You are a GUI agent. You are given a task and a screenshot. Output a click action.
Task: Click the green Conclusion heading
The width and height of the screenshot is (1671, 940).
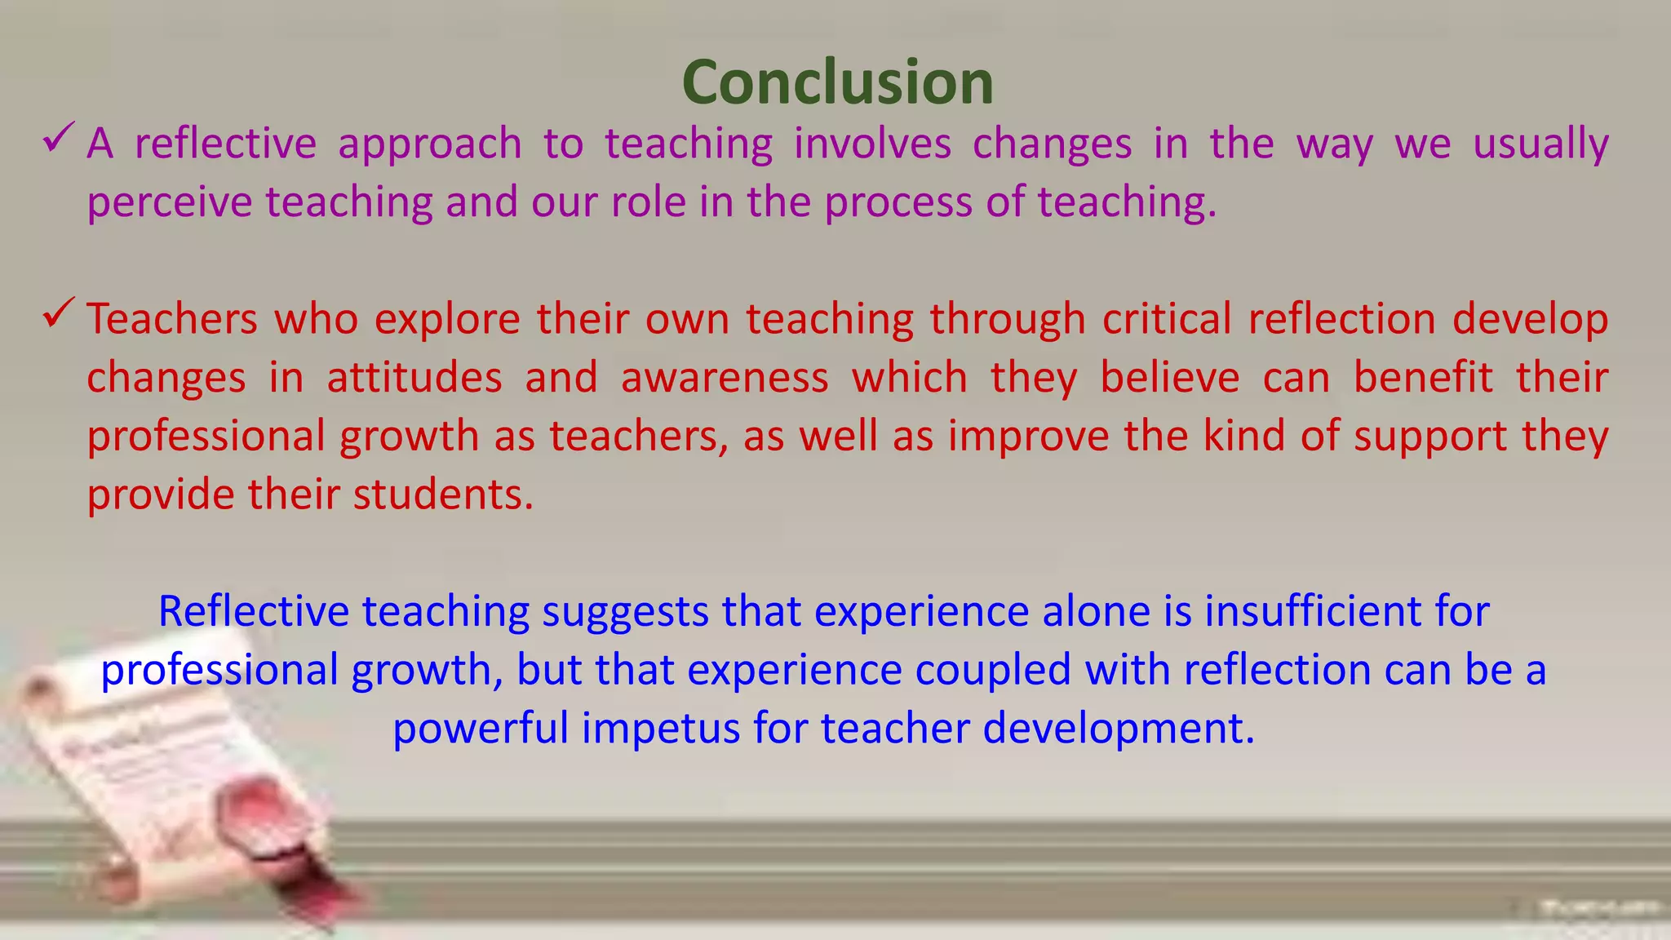837,82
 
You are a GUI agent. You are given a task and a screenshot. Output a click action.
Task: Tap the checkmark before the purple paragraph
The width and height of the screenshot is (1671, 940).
59,138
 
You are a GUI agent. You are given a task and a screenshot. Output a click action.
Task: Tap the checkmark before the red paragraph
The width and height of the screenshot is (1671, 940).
59,313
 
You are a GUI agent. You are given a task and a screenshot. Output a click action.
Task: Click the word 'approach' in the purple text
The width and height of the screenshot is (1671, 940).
430,145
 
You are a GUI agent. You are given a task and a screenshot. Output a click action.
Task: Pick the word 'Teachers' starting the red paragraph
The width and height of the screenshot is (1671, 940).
171,319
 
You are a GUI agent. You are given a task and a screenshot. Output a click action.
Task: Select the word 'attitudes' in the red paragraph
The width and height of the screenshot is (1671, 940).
414,379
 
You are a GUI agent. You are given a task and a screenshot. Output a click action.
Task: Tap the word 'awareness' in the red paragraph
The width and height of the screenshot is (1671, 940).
725,379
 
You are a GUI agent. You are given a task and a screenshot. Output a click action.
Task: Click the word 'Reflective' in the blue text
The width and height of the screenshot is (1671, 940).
253,611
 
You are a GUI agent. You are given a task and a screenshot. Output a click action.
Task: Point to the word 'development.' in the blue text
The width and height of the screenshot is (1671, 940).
1119,729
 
